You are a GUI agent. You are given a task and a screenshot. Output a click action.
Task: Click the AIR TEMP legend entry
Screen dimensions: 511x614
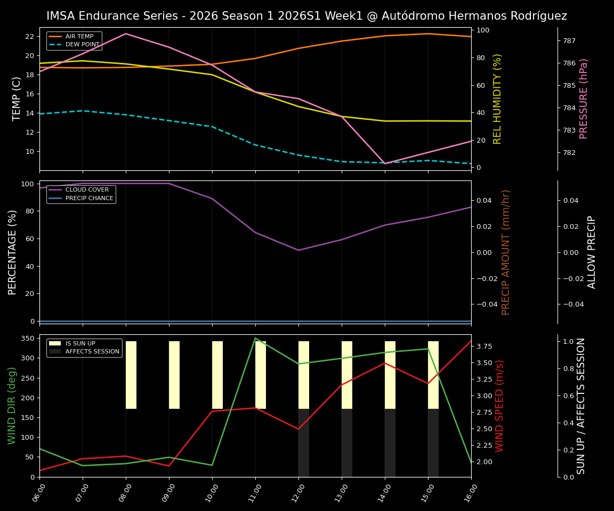(x=79, y=37)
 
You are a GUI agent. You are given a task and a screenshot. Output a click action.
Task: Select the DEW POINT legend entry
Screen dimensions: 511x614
(x=82, y=45)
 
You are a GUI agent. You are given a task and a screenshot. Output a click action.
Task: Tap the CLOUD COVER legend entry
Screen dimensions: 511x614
(x=87, y=190)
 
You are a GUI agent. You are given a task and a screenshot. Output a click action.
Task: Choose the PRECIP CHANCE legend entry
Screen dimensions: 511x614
(x=89, y=199)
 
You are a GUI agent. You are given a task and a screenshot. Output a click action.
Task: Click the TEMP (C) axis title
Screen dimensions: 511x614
(x=17, y=98)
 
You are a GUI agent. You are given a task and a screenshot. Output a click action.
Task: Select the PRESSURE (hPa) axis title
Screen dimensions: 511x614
(x=584, y=98)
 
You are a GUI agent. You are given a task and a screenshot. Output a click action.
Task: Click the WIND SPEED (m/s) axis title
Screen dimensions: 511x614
(x=499, y=406)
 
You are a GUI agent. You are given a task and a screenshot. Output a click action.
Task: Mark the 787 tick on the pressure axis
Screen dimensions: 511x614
(x=569, y=40)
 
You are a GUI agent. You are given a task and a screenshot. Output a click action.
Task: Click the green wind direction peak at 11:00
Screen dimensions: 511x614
(x=255, y=338)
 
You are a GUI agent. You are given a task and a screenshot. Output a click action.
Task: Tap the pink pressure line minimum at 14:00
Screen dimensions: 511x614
(x=385, y=163)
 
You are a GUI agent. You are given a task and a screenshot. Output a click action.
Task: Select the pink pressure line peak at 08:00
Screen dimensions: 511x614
(x=126, y=34)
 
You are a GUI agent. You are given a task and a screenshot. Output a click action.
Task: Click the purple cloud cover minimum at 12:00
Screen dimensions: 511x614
(x=298, y=250)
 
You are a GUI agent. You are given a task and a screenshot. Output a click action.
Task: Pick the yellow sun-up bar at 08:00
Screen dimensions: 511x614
(x=131, y=375)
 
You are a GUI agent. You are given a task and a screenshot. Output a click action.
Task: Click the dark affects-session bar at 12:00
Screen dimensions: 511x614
(x=304, y=443)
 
